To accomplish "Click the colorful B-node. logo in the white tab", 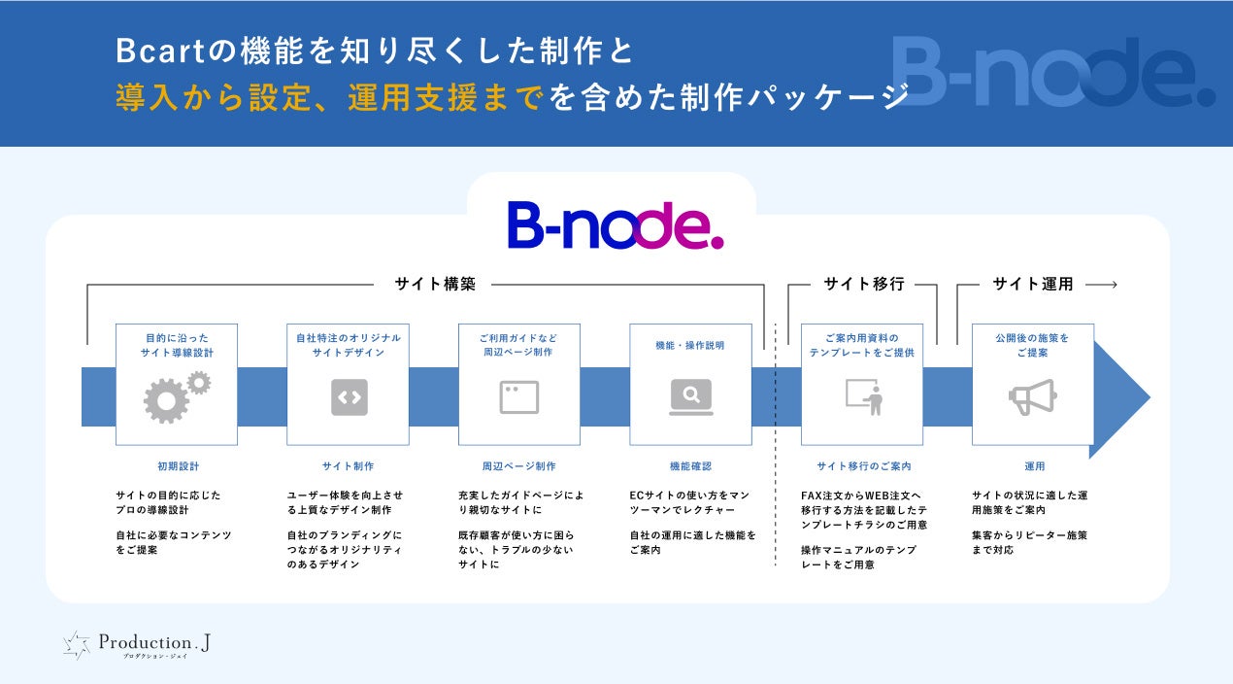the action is click(x=615, y=224).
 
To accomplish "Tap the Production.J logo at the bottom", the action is click(x=136, y=645).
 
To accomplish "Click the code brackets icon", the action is click(x=349, y=397).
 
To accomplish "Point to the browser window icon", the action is click(x=519, y=397).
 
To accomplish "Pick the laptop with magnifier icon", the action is click(x=690, y=396).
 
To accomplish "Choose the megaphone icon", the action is click(x=1032, y=397).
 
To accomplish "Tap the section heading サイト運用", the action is click(x=1032, y=285).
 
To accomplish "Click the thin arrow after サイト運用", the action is click(x=1102, y=285).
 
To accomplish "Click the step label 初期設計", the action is click(x=178, y=466).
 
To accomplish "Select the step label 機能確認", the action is click(x=689, y=466).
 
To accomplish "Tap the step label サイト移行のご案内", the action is click(x=863, y=466).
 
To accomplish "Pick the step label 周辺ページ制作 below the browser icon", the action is click(x=519, y=466).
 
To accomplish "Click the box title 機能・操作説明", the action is click(x=689, y=345).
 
